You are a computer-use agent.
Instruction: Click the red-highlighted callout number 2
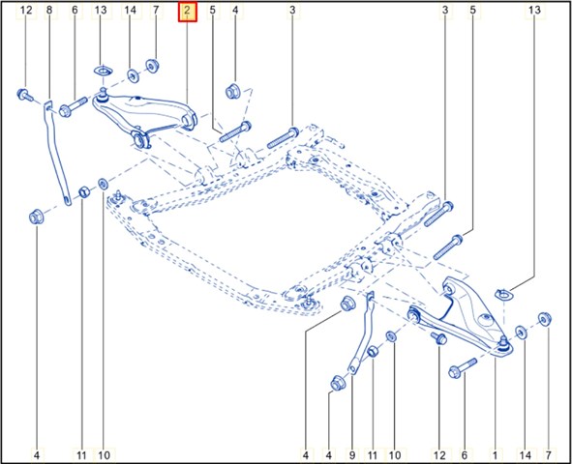pyautogui.click(x=187, y=11)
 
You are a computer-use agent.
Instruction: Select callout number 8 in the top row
pyautogui.click(x=49, y=11)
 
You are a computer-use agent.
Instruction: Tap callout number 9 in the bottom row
pyautogui.click(x=352, y=455)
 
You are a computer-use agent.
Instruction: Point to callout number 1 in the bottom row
pyautogui.click(x=495, y=455)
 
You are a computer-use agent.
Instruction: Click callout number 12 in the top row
pyautogui.click(x=26, y=11)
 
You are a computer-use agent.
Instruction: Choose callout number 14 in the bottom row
pyautogui.click(x=526, y=455)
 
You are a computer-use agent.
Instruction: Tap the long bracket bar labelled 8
pyautogui.click(x=55, y=153)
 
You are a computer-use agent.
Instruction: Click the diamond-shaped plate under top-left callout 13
pyautogui.click(x=104, y=71)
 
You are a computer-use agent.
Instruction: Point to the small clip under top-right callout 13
pyautogui.click(x=503, y=294)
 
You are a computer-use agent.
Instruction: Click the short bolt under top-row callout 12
pyautogui.click(x=24, y=95)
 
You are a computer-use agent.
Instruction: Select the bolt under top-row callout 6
pyautogui.click(x=73, y=106)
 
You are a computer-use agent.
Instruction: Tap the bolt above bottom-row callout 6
pyautogui.click(x=463, y=368)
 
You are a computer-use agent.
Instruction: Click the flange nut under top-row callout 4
pyautogui.click(x=232, y=91)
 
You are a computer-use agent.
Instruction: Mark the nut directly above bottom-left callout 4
pyautogui.click(x=36, y=217)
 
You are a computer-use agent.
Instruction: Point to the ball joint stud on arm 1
pyautogui.click(x=503, y=343)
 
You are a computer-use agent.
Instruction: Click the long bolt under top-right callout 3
pyautogui.click(x=438, y=215)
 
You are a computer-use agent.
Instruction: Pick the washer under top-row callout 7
pyautogui.click(x=152, y=66)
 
